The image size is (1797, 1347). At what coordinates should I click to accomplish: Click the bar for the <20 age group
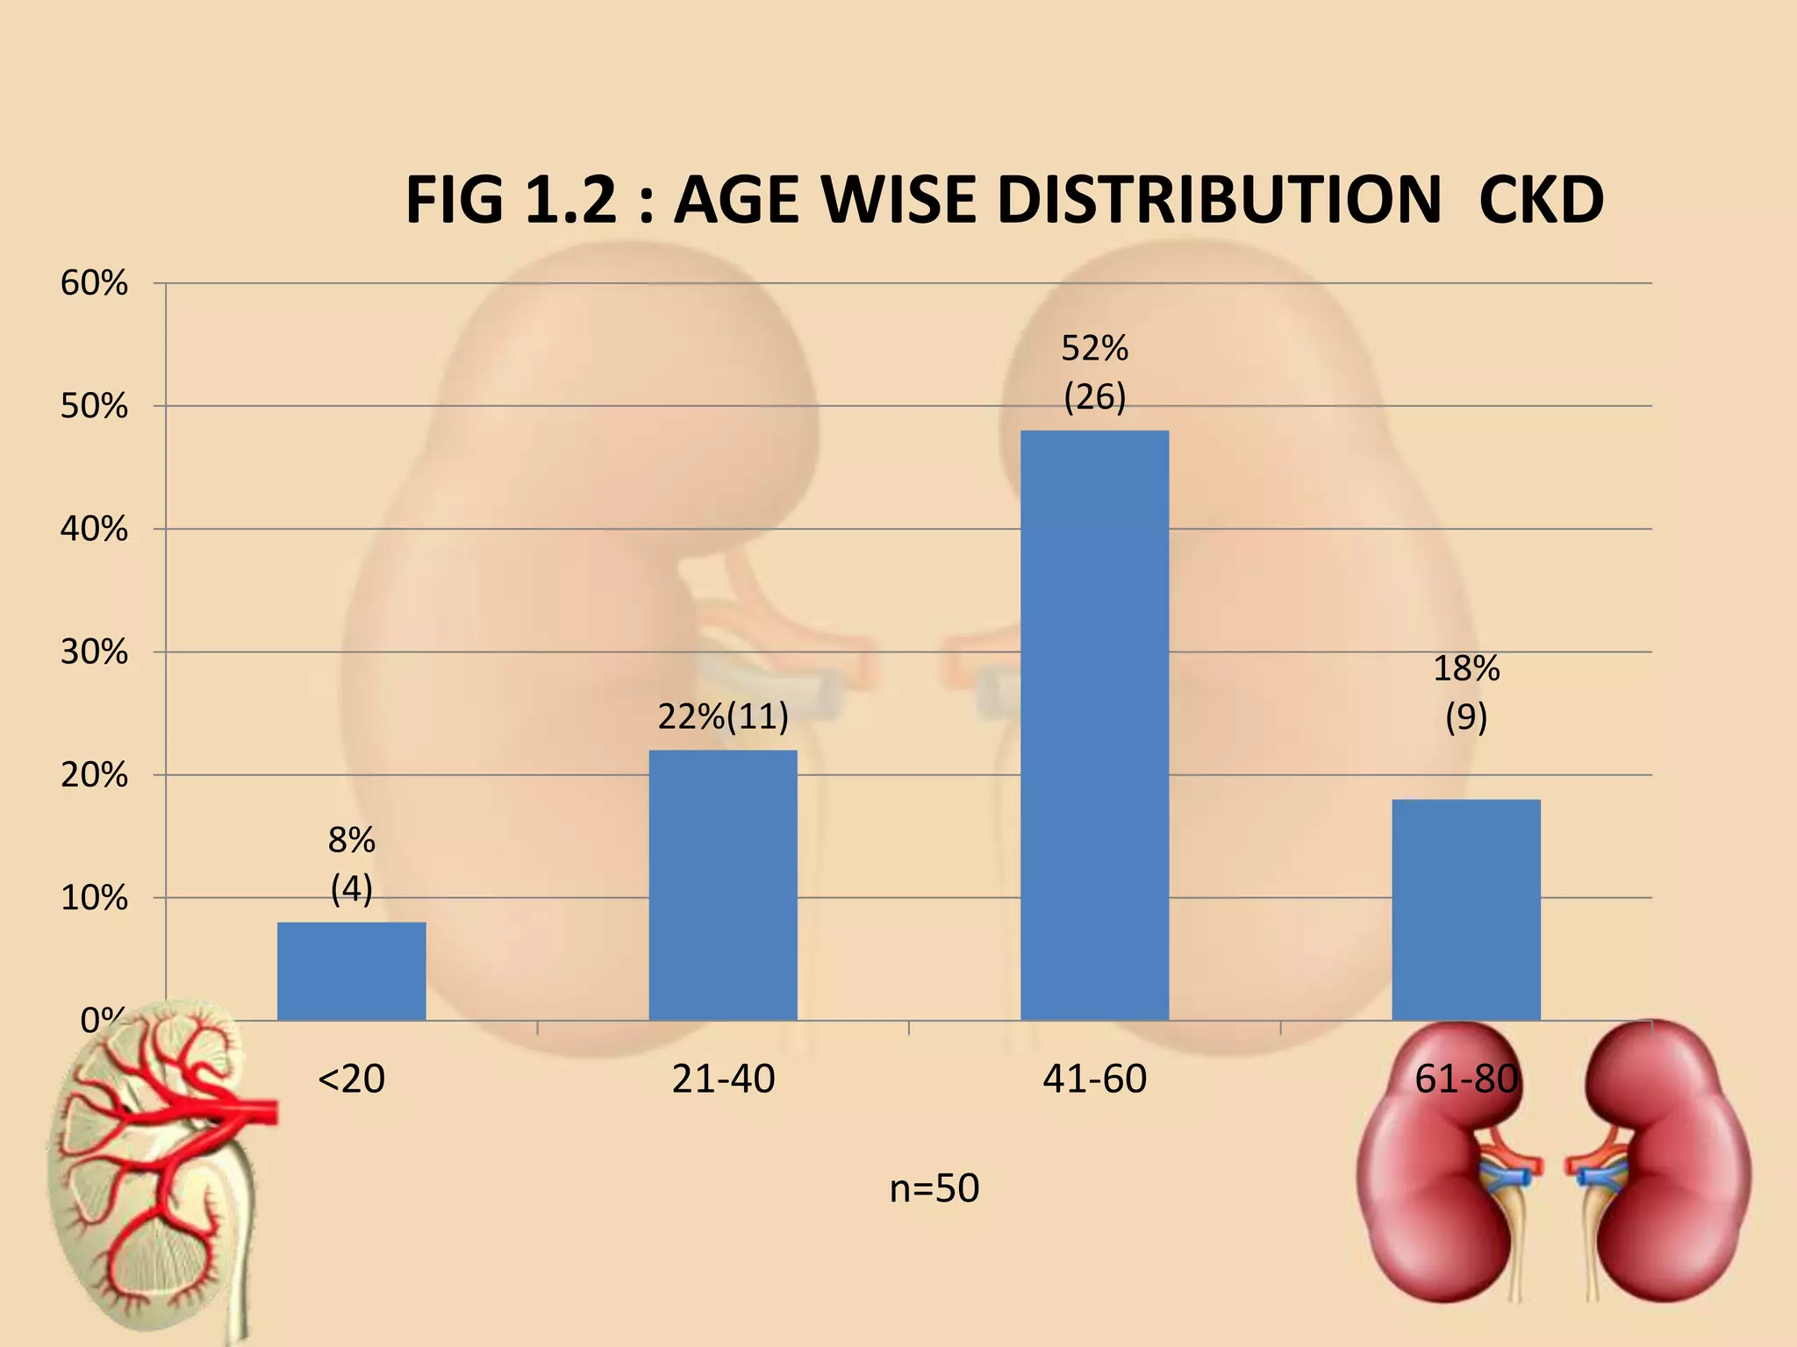(351, 971)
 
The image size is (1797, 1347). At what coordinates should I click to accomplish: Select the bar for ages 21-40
(723, 885)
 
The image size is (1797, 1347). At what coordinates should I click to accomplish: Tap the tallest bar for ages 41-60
(1094, 725)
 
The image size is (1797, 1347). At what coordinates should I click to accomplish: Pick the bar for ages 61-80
(1466, 909)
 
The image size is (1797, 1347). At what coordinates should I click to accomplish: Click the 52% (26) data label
(1094, 373)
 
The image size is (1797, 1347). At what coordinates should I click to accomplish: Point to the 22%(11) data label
(723, 717)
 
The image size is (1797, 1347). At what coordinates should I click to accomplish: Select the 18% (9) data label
(1466, 693)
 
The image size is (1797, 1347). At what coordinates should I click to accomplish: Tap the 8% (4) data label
(351, 865)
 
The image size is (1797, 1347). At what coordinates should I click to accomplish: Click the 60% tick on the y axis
(94, 283)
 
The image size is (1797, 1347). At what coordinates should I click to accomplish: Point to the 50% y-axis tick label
(94, 407)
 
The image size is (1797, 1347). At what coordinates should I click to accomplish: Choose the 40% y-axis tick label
(94, 530)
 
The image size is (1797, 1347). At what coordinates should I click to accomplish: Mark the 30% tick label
(94, 652)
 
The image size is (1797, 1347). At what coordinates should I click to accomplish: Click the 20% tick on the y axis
(94, 776)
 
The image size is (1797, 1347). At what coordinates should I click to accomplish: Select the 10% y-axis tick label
(94, 899)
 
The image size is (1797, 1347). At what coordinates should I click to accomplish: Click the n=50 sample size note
(934, 1189)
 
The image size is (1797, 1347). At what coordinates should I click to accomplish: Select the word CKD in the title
(1541, 201)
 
